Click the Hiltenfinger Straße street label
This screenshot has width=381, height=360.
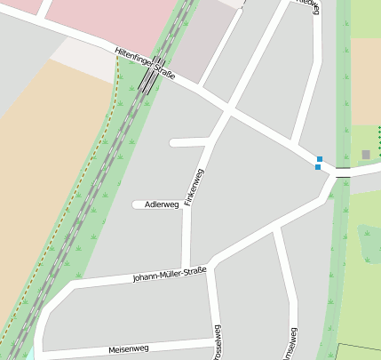(x=145, y=66)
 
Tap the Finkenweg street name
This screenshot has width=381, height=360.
(x=194, y=188)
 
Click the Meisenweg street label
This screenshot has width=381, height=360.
(x=129, y=348)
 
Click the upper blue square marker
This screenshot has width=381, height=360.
(x=319, y=159)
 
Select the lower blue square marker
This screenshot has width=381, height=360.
(x=318, y=167)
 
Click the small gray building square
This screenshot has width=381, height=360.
(x=365, y=155)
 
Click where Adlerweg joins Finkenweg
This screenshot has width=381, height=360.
(x=188, y=204)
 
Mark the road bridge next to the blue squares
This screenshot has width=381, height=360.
(x=343, y=172)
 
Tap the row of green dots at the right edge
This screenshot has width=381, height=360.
(x=378, y=138)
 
